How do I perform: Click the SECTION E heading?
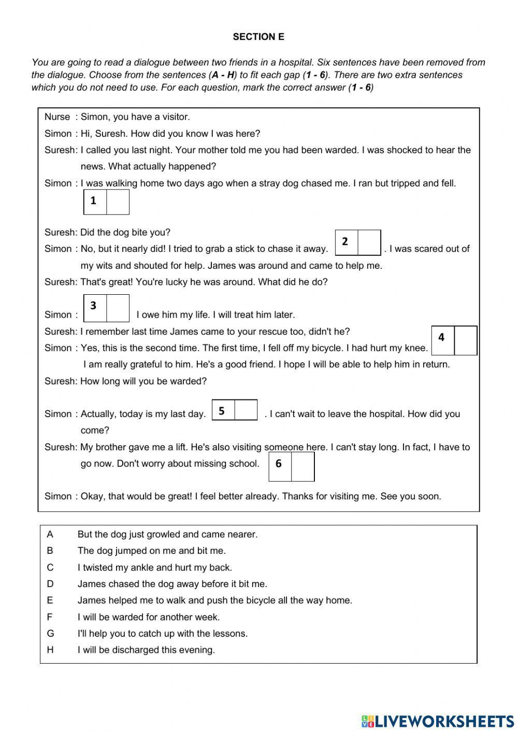coord(258,37)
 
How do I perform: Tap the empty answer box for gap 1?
coord(118,202)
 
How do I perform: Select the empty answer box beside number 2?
coord(369,243)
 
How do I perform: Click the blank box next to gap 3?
coord(118,308)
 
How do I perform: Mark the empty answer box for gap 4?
coord(465,340)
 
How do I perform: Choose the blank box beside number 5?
coord(246,410)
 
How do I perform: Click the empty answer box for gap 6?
coord(303,466)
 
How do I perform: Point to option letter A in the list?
coord(50,534)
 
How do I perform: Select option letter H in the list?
coord(50,650)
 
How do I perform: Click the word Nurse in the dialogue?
coord(57,117)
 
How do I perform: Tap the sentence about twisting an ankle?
coord(154,567)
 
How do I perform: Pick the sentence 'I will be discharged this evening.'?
coord(146,650)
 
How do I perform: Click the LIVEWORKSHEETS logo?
coord(438,721)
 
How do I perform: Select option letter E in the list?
coord(50,600)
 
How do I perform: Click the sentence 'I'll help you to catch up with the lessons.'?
coord(163,633)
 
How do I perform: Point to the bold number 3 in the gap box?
coord(93,306)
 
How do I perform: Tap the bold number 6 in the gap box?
coord(279,464)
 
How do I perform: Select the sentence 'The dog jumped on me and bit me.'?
coord(151,551)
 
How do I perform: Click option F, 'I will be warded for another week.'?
coord(149,617)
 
